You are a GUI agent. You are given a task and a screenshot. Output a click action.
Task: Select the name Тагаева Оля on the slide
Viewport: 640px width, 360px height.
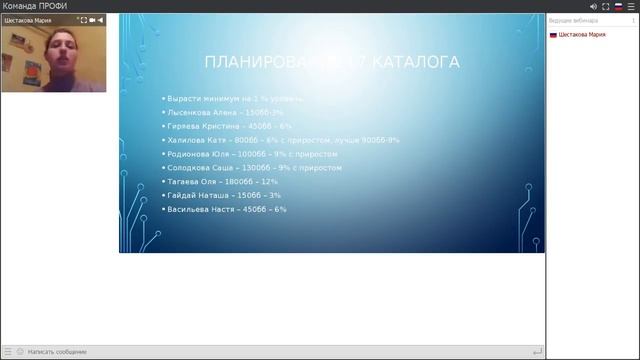click(193, 182)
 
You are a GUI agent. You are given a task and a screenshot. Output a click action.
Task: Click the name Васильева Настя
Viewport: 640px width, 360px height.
click(202, 210)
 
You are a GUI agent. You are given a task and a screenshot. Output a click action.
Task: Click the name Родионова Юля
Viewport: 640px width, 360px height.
click(199, 155)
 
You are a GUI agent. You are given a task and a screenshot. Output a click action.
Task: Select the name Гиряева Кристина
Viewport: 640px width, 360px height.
click(204, 127)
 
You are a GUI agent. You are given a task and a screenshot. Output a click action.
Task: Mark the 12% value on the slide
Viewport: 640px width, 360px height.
click(270, 182)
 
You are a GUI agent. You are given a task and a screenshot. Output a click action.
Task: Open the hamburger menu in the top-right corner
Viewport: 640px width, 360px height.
click(630, 6)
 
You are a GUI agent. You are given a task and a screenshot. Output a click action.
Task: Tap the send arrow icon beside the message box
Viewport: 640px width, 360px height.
click(538, 352)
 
